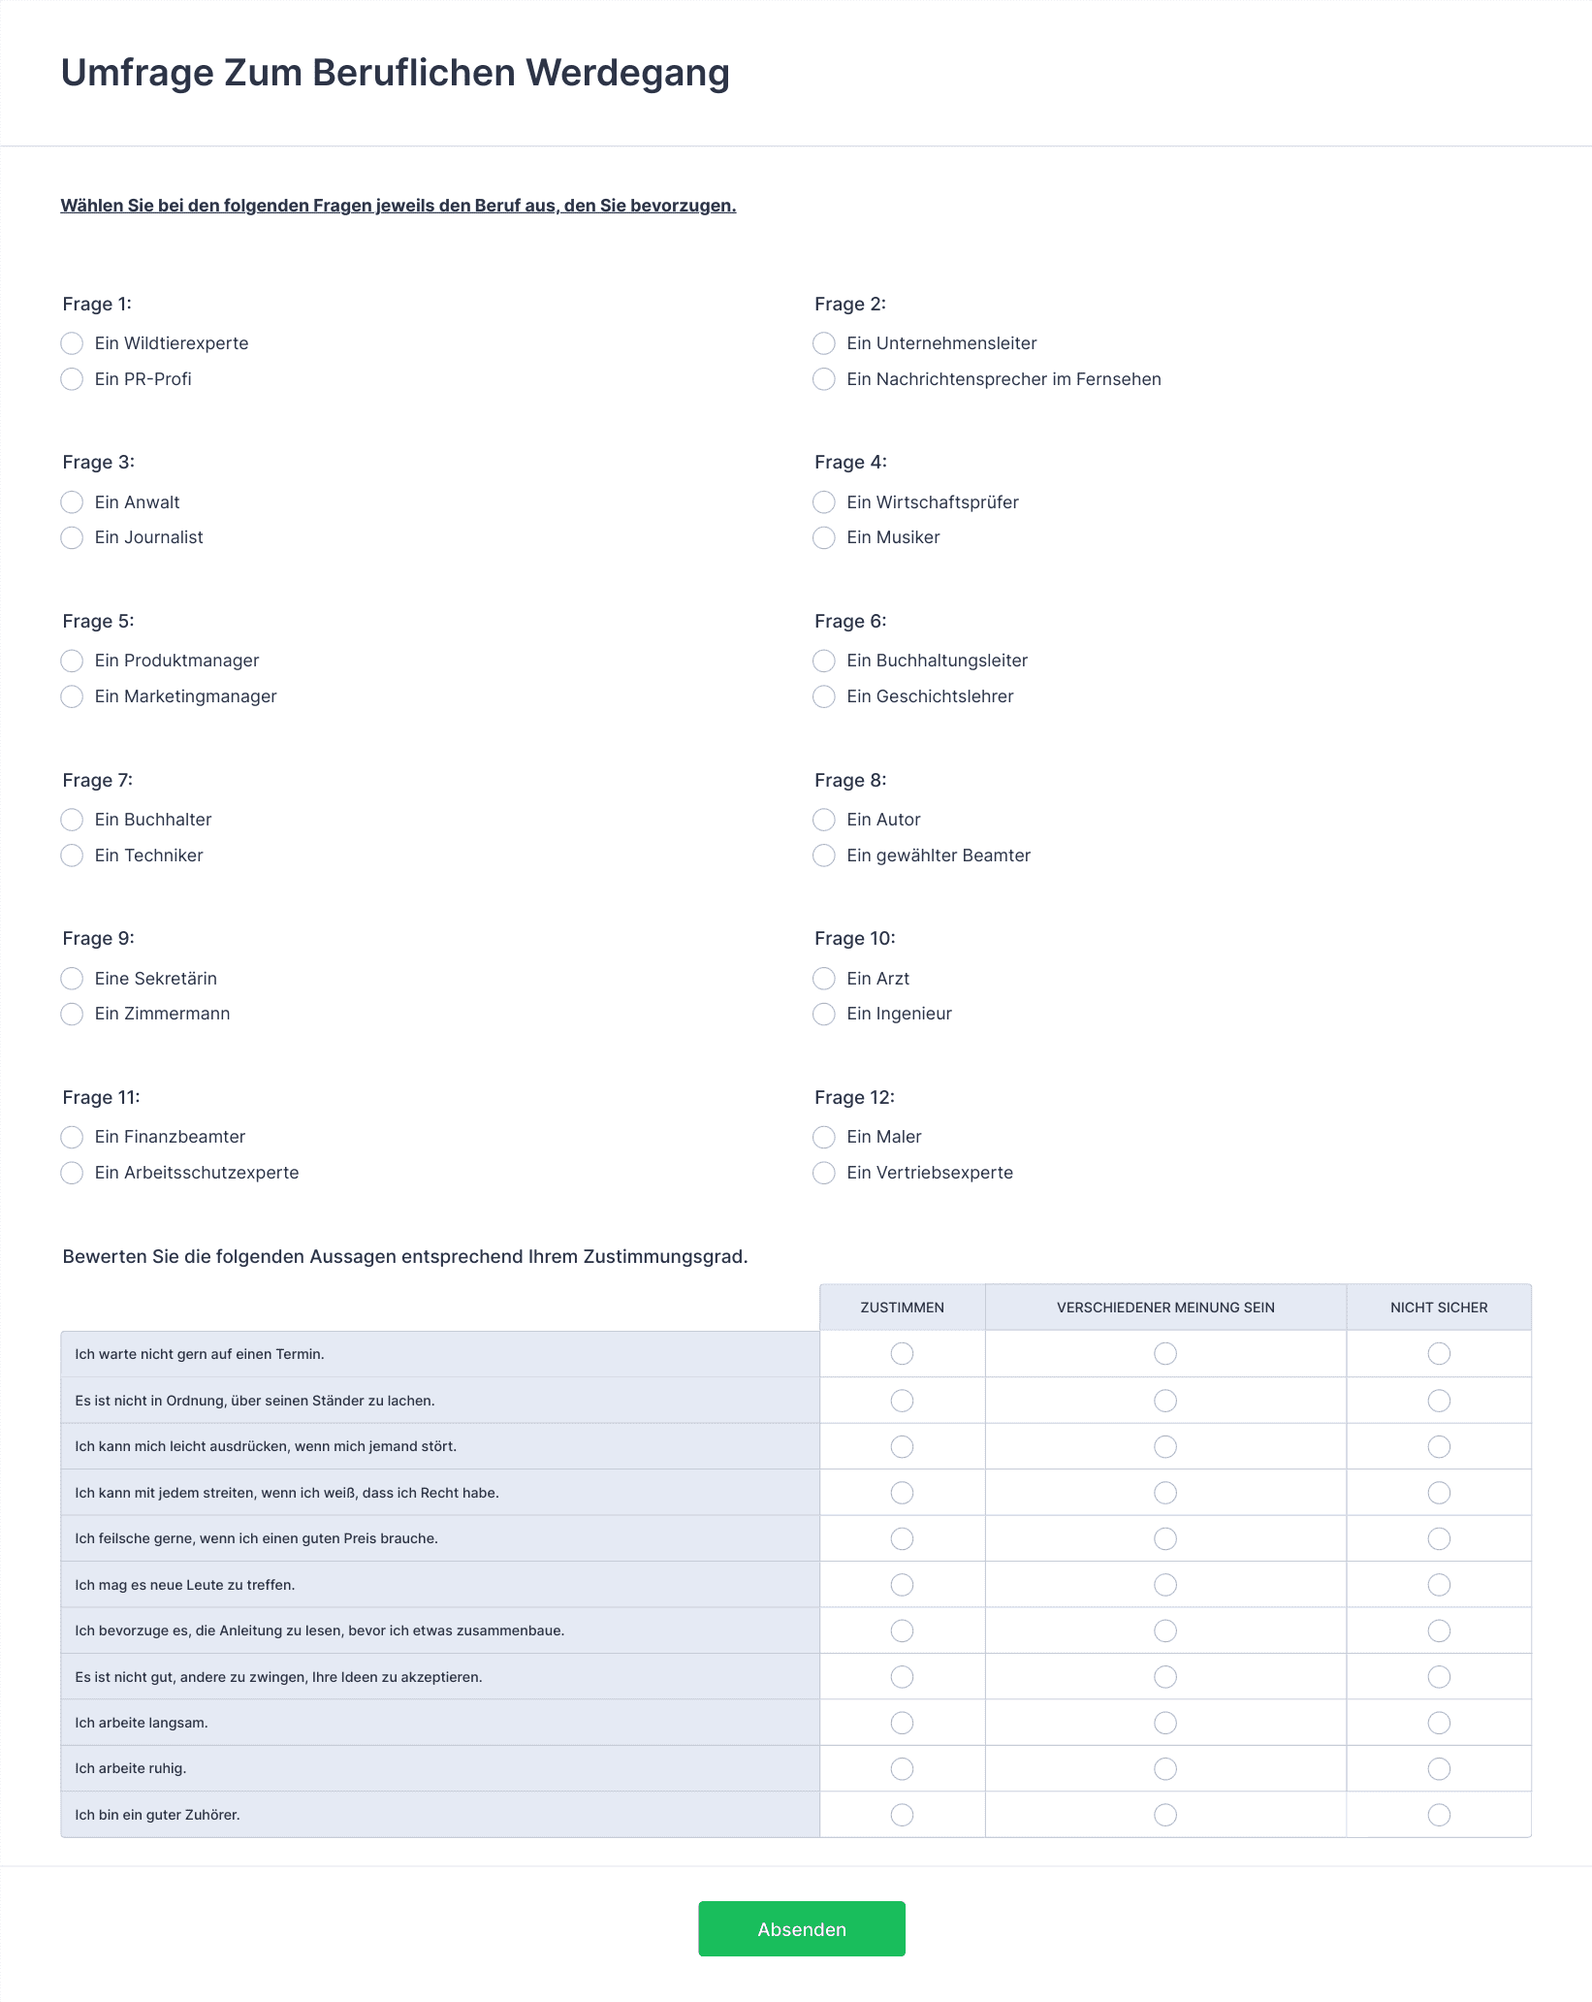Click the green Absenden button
tap(801, 1928)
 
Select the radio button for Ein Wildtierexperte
tap(72, 343)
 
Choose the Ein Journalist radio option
tap(72, 537)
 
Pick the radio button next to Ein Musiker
tap(823, 537)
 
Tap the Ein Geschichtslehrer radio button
tap(823, 696)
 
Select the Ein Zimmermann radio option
tap(72, 1014)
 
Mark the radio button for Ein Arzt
tap(823, 978)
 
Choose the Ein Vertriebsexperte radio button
tap(823, 1173)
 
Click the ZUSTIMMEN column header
tap(902, 1308)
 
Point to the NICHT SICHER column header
tap(1438, 1308)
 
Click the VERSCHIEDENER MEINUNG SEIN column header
tap(1164, 1308)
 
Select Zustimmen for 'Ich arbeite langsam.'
tap(902, 1723)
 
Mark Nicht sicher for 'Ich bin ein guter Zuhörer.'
tap(1439, 1815)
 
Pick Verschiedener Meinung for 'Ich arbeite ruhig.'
tap(1165, 1768)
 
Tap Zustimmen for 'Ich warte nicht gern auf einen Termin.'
tap(902, 1353)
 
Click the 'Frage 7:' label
tap(97, 780)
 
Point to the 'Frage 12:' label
tap(854, 1097)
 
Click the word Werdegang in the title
tap(627, 73)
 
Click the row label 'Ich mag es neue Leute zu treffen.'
tap(184, 1585)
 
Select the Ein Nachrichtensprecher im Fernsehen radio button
tap(823, 379)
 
